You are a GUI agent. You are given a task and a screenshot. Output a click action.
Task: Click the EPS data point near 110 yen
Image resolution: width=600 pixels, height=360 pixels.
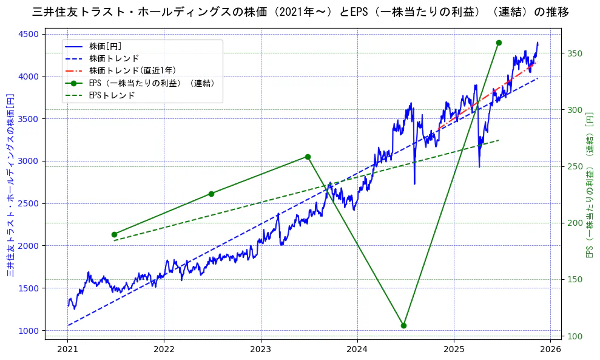(403, 325)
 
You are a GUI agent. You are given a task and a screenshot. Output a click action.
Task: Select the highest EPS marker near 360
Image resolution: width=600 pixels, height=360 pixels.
(499, 42)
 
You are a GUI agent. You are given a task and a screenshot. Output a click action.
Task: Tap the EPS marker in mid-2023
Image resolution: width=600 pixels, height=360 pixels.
(308, 157)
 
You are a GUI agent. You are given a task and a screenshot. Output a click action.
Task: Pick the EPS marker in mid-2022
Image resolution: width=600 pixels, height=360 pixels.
(211, 194)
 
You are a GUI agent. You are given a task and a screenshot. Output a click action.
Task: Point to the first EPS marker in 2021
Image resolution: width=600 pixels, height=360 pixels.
(114, 234)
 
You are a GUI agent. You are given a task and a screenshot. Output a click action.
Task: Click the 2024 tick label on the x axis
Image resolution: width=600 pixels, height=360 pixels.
(357, 350)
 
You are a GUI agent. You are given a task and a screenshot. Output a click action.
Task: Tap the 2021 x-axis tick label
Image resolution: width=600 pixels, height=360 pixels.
(67, 350)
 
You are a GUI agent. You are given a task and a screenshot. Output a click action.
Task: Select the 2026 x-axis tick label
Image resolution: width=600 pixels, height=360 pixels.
(550, 350)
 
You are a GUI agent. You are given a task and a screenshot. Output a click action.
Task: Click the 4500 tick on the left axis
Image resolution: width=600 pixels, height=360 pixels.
(29, 34)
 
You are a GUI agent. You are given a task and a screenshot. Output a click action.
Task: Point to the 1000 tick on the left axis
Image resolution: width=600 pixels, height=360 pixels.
(29, 331)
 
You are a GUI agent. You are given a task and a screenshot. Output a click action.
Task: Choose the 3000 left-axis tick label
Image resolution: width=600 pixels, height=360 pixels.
(29, 161)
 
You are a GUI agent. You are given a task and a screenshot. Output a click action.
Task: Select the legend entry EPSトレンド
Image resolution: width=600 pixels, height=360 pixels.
(112, 95)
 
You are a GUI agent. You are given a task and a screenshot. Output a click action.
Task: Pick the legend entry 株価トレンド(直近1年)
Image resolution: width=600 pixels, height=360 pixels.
(132, 70)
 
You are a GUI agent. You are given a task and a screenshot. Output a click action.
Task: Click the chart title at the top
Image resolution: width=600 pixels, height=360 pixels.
(300, 12)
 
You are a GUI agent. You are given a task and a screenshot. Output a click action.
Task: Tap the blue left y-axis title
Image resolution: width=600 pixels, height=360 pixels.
(10, 185)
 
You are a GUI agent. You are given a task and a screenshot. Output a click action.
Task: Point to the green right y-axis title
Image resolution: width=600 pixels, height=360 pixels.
(589, 185)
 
